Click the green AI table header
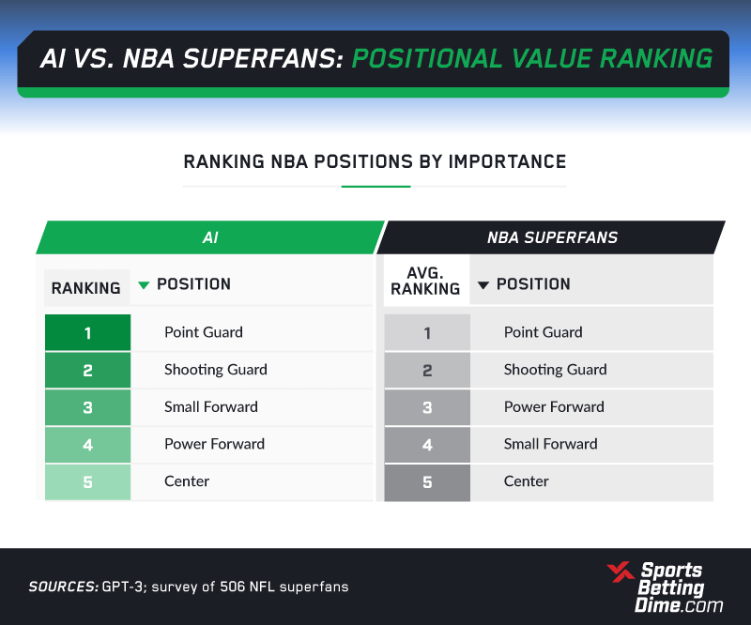[x=210, y=237]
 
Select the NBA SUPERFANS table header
[x=552, y=237]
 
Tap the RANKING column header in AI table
[x=86, y=288]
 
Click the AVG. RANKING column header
[x=426, y=282]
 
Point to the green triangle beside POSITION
[x=144, y=285]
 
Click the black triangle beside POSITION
[x=483, y=285]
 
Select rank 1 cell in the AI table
[x=87, y=332]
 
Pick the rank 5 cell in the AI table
[x=87, y=481]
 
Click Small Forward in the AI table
[x=211, y=406]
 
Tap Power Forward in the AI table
[x=215, y=444]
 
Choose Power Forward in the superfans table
[x=554, y=406]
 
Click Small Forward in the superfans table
[x=551, y=444]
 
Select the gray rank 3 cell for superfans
[x=427, y=407]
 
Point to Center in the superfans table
[x=527, y=480]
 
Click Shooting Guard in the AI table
[x=216, y=369]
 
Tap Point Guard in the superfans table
[x=544, y=332]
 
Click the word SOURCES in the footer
[x=64, y=587]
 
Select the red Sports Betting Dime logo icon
[x=621, y=572]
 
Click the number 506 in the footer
[x=232, y=587]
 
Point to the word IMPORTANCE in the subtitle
[x=507, y=161]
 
